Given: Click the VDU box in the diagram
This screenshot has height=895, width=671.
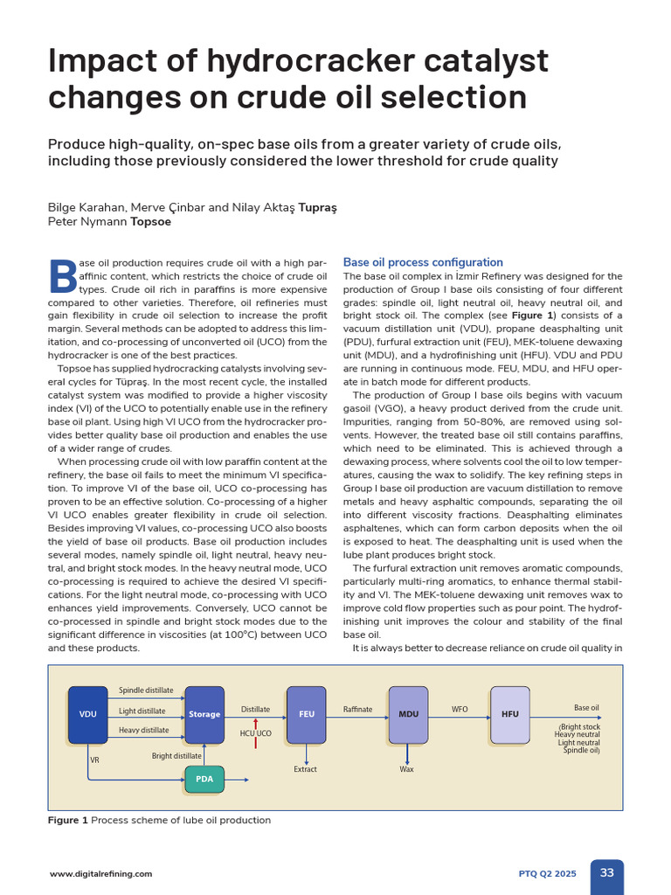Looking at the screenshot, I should pyautogui.click(x=87, y=714).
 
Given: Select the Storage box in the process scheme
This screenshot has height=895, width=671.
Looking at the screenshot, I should pyautogui.click(x=204, y=714).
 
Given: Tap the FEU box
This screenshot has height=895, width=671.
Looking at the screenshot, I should pyautogui.click(x=306, y=714).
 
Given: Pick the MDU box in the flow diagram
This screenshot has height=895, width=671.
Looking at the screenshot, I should pyautogui.click(x=408, y=714).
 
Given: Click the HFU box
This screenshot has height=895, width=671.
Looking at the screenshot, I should pyautogui.click(x=510, y=714).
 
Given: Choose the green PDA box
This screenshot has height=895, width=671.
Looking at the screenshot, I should pyautogui.click(x=204, y=779).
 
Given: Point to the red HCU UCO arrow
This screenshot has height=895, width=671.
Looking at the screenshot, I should pyautogui.click(x=255, y=733).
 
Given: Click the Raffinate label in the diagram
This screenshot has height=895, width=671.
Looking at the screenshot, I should pyautogui.click(x=357, y=710).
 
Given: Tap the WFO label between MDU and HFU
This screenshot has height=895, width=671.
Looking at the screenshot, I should pyautogui.click(x=460, y=710).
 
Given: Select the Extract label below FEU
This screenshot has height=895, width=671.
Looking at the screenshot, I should pyautogui.click(x=306, y=769).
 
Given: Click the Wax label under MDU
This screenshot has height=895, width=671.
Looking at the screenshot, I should pyautogui.click(x=407, y=769).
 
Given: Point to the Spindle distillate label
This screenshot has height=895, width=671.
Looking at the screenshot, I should pyautogui.click(x=146, y=690).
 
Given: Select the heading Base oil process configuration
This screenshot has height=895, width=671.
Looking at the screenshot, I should pyautogui.click(x=423, y=262).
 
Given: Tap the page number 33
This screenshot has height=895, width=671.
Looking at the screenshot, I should pyautogui.click(x=607, y=872).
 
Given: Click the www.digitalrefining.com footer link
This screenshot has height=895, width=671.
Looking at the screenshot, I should pyautogui.click(x=100, y=874).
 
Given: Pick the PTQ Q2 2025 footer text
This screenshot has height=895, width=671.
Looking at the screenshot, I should pyautogui.click(x=548, y=874).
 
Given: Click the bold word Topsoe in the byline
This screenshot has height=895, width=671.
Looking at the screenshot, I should pyautogui.click(x=151, y=222).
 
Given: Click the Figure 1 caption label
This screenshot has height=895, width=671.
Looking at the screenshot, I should pyautogui.click(x=68, y=821).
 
